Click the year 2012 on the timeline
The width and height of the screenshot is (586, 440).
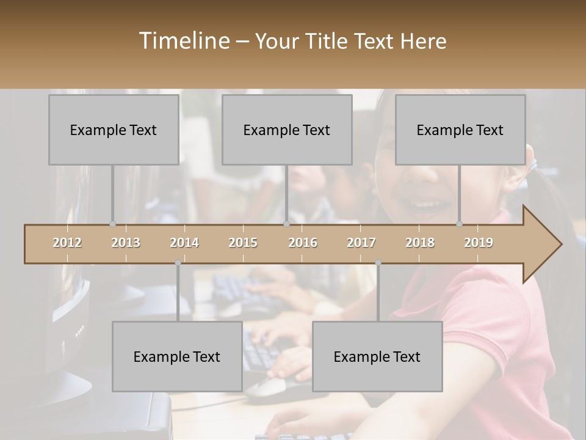click(67, 243)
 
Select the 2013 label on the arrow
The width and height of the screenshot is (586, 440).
click(126, 243)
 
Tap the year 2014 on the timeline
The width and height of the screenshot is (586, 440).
click(184, 243)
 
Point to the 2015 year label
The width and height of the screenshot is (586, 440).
click(243, 243)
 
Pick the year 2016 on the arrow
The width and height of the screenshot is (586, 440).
click(303, 243)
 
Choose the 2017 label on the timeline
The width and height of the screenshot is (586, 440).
click(361, 243)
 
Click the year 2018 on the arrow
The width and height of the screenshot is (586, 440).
click(420, 243)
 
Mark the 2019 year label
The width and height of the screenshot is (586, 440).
click(479, 243)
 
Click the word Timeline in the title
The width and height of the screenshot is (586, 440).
click(183, 41)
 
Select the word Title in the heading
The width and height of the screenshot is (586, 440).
click(328, 41)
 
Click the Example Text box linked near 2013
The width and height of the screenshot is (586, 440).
click(114, 130)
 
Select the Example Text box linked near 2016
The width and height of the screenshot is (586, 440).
click(287, 130)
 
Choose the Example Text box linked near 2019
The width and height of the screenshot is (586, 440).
click(460, 130)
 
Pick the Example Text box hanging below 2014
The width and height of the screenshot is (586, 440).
click(177, 356)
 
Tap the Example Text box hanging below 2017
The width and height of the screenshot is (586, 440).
click(377, 356)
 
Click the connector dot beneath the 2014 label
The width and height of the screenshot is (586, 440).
click(178, 263)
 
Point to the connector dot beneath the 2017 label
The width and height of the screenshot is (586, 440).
click(378, 263)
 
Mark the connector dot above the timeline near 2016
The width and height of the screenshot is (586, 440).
click(286, 224)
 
